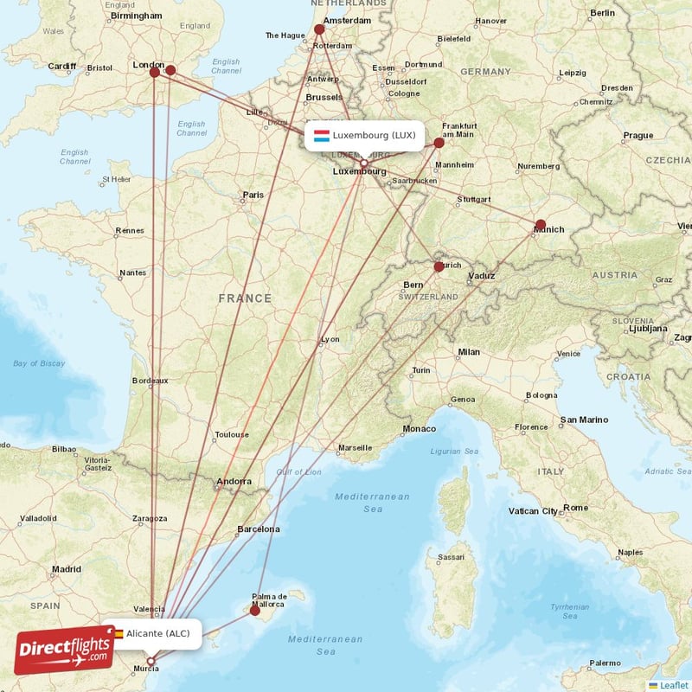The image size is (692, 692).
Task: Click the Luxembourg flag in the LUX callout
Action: (x=322, y=136)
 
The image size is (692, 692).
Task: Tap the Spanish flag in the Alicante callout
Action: (x=118, y=634)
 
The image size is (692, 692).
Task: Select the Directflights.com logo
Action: (x=64, y=650)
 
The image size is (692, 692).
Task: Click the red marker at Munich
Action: (x=541, y=225)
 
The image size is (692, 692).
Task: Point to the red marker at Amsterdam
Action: (x=319, y=29)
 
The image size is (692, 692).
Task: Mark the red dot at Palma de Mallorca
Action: (x=254, y=610)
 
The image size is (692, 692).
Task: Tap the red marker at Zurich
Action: (x=439, y=266)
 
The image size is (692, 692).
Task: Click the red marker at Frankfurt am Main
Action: (x=439, y=143)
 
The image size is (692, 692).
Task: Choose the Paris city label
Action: (x=253, y=195)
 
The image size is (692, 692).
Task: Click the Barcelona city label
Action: (x=259, y=529)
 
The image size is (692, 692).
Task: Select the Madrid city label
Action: (x=66, y=569)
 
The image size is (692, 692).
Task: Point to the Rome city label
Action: (x=576, y=508)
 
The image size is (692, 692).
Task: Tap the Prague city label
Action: (x=638, y=135)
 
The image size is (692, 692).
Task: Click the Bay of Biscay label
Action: (x=39, y=363)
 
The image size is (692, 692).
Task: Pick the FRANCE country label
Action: (x=245, y=298)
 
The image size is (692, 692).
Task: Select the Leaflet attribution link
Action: (x=673, y=684)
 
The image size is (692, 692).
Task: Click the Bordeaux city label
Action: (x=150, y=381)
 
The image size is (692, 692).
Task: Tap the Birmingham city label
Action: (x=137, y=15)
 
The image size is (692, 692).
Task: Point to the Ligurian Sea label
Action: (x=454, y=452)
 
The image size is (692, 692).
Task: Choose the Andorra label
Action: (x=234, y=482)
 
